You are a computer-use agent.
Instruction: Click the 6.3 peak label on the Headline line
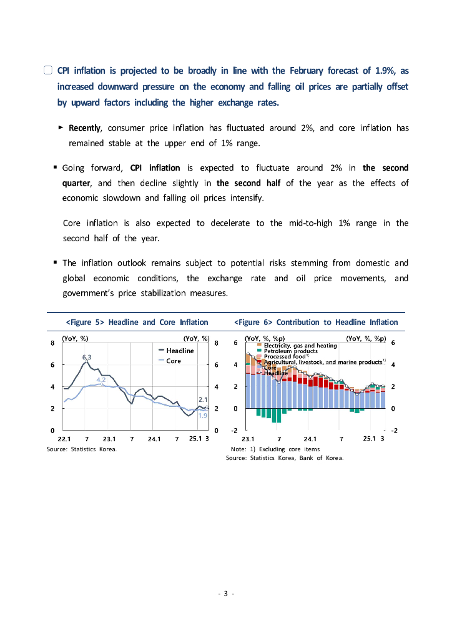[x=87, y=356]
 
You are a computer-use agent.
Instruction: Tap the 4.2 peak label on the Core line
[x=101, y=380]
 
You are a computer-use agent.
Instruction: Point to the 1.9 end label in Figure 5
[x=203, y=416]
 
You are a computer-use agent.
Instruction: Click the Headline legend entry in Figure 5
[x=179, y=351]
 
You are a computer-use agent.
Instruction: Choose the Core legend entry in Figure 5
[x=174, y=361]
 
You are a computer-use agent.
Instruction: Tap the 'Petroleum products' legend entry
[x=290, y=351]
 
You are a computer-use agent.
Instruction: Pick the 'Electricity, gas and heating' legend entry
[x=300, y=345]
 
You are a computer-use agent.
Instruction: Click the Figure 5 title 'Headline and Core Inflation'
[x=137, y=322]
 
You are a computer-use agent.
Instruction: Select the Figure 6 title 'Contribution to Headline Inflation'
[x=315, y=322]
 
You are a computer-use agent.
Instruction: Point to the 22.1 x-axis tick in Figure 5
[x=64, y=438]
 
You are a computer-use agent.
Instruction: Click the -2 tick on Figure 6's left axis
[x=234, y=431]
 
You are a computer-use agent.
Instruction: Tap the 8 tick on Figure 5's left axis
[x=52, y=342]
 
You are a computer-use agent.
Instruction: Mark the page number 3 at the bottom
[x=225, y=593]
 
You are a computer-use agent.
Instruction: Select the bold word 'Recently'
[x=84, y=128]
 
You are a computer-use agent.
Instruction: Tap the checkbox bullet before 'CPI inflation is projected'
[x=48, y=71]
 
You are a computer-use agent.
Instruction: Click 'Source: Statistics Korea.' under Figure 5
[x=82, y=449]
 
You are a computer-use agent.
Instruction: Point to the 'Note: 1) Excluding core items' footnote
[x=275, y=449]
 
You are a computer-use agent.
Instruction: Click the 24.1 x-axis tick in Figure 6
[x=310, y=438]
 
